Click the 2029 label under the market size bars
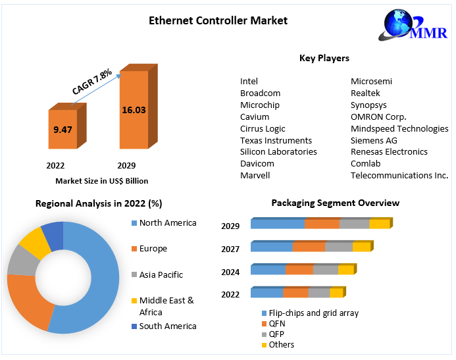[126, 165]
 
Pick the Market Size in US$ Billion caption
[102, 180]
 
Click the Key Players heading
[324, 59]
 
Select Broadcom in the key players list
[261, 93]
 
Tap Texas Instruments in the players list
[276, 140]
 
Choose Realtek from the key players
[365, 93]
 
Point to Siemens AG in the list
[374, 140]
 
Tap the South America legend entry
[168, 326]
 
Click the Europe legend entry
[153, 249]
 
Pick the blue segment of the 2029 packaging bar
[278, 224]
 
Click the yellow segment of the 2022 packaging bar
[336, 293]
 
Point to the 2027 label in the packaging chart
[230, 249]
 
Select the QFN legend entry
[277, 324]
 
